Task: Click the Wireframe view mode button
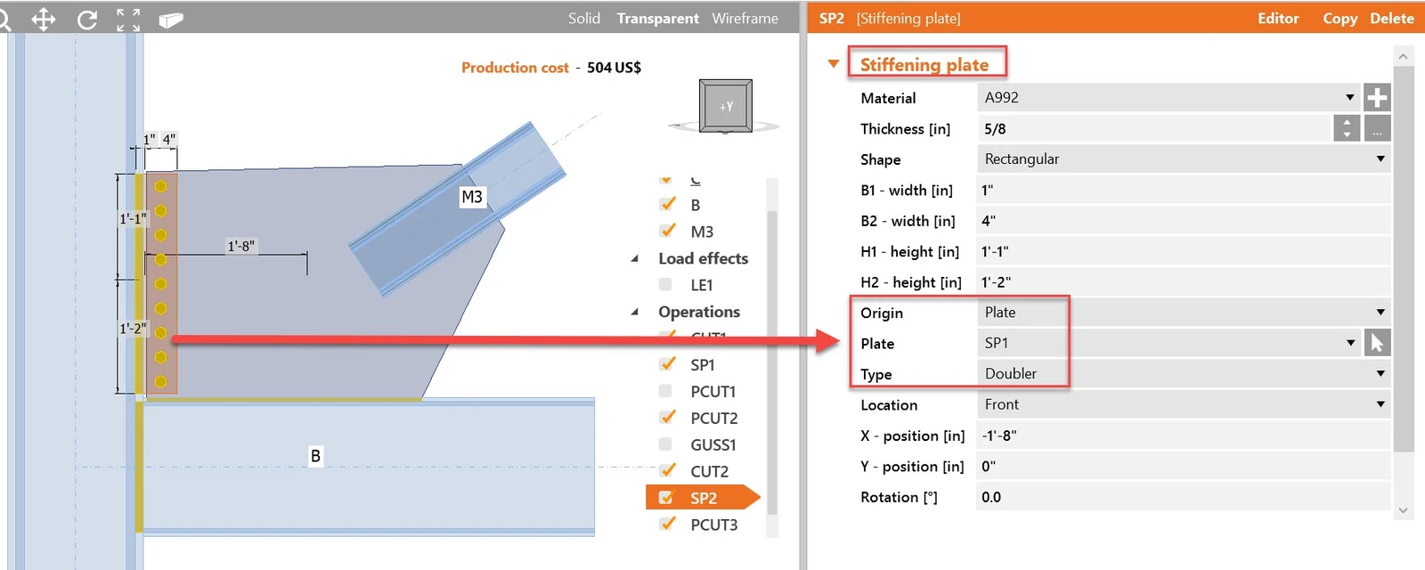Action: click(745, 19)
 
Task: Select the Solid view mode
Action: click(584, 19)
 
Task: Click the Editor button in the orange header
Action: click(1277, 19)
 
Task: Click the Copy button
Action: click(1339, 19)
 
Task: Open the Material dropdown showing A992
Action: click(1168, 97)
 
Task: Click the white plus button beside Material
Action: click(1376, 97)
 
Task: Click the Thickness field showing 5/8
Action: click(1154, 128)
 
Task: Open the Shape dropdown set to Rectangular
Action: click(1184, 159)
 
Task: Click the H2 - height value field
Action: click(1184, 281)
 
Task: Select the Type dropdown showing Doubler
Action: click(1184, 373)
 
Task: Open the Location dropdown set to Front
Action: click(1184, 404)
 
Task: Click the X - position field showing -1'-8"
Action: click(1184, 436)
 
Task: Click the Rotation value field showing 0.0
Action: click(1184, 497)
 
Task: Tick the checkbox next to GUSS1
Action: click(665, 444)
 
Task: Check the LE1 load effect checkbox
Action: click(665, 284)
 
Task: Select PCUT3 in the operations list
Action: click(713, 525)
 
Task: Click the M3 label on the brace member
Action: click(471, 197)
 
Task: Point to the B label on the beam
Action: click(315, 456)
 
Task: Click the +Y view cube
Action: click(726, 106)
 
